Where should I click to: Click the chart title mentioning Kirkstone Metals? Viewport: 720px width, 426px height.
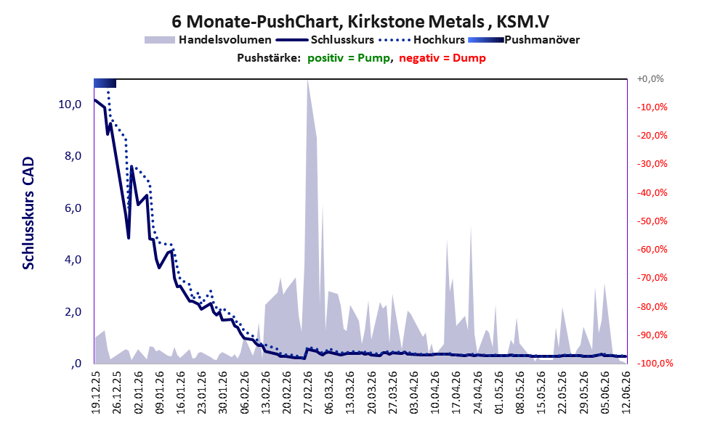pos(360,21)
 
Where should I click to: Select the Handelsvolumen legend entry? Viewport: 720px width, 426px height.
pos(208,40)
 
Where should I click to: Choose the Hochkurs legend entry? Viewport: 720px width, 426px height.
pos(422,40)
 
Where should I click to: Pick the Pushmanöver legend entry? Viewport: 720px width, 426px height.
pos(524,40)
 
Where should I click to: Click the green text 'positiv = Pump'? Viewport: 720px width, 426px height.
pos(349,58)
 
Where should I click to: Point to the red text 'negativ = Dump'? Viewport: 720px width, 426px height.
pos(442,58)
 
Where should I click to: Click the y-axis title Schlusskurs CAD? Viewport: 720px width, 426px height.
pos(28,213)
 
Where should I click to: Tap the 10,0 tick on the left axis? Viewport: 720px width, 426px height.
pos(70,105)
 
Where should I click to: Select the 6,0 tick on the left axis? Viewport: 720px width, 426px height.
pos(73,208)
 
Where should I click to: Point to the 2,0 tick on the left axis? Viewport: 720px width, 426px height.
pos(73,312)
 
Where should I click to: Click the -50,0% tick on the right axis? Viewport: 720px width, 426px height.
pos(652,221)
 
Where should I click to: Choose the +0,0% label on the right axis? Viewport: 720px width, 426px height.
pos(650,79)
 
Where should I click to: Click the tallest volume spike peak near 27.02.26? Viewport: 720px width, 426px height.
pos(307,81)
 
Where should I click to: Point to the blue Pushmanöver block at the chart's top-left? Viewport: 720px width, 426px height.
pos(105,83)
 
